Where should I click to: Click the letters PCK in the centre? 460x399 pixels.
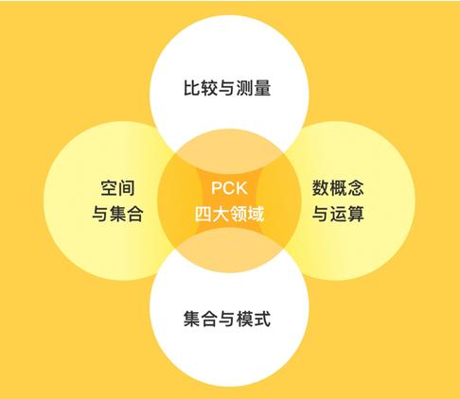229,188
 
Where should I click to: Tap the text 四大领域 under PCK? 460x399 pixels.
229,215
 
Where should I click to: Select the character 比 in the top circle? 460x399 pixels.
192,87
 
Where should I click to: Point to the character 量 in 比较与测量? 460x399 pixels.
262,87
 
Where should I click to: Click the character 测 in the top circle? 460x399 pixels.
244,87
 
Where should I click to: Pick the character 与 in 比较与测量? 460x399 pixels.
227,87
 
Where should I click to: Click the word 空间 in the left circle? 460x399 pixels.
117,188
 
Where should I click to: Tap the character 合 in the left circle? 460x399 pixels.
135,214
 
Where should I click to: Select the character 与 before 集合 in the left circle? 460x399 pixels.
100,214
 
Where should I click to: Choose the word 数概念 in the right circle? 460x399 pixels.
338,188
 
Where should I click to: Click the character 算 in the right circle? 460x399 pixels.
355,214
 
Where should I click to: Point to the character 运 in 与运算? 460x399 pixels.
338,214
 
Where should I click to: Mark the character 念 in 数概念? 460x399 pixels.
355,188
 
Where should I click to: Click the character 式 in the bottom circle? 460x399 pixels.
262,319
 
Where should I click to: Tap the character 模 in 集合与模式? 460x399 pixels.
245,319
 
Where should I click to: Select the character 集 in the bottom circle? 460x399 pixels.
192,319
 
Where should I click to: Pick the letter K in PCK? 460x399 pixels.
241,188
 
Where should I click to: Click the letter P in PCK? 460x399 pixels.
217,188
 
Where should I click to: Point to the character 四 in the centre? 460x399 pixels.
203,215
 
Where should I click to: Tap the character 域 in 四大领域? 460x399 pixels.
256,215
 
